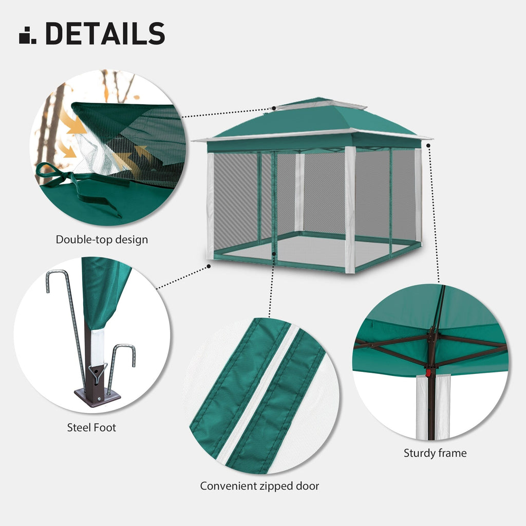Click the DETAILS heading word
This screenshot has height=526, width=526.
click(105, 33)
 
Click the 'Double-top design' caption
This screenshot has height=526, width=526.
click(102, 239)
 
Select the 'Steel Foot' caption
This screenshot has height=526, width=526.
click(91, 427)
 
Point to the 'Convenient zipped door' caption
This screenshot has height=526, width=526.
click(259, 486)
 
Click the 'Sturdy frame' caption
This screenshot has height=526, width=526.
click(435, 453)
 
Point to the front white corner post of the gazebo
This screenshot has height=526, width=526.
click(350, 211)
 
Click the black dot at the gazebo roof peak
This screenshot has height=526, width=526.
click(274, 108)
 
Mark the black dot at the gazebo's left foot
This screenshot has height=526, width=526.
click(209, 266)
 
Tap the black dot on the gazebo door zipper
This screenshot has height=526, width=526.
click(275, 253)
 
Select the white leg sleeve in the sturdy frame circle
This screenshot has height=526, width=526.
click(421, 406)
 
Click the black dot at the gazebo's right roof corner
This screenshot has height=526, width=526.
click(428, 145)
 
